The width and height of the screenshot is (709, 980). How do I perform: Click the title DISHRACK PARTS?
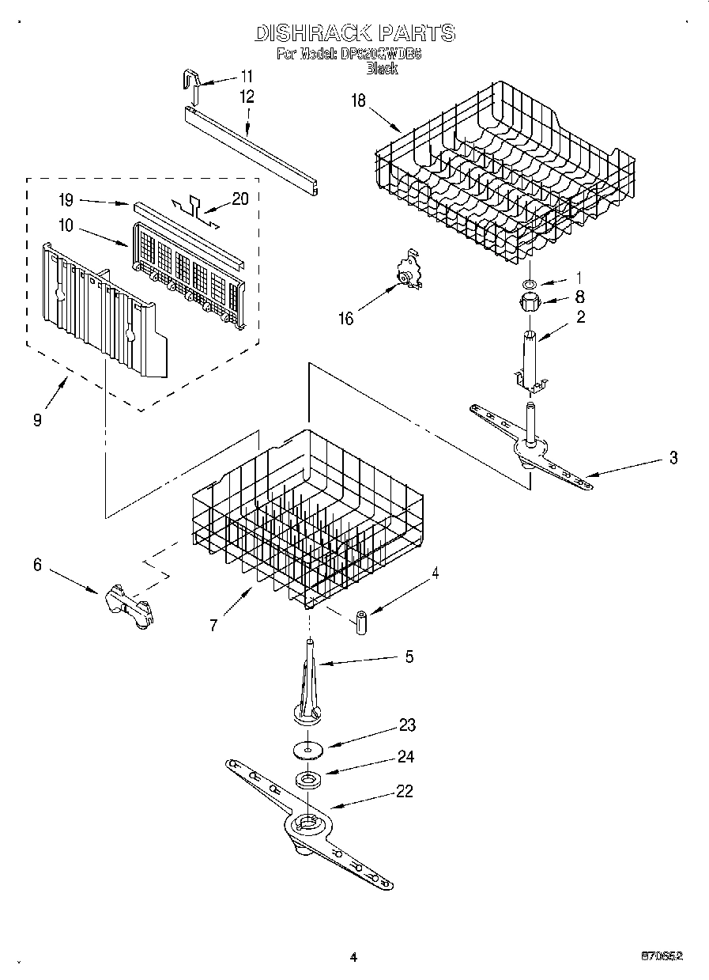pos(354,32)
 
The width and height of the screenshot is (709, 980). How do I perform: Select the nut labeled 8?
pos(529,301)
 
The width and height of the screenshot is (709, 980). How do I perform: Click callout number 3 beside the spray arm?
pos(673,458)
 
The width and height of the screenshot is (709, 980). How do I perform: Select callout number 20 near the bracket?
pos(239,199)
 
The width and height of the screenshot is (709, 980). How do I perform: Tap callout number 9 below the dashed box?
pos(37,421)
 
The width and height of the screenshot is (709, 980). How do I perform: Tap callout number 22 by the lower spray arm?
pos(404,792)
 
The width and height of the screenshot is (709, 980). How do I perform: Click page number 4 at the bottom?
pos(353,957)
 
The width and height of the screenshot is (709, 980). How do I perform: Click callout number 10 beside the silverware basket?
pos(66,225)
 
